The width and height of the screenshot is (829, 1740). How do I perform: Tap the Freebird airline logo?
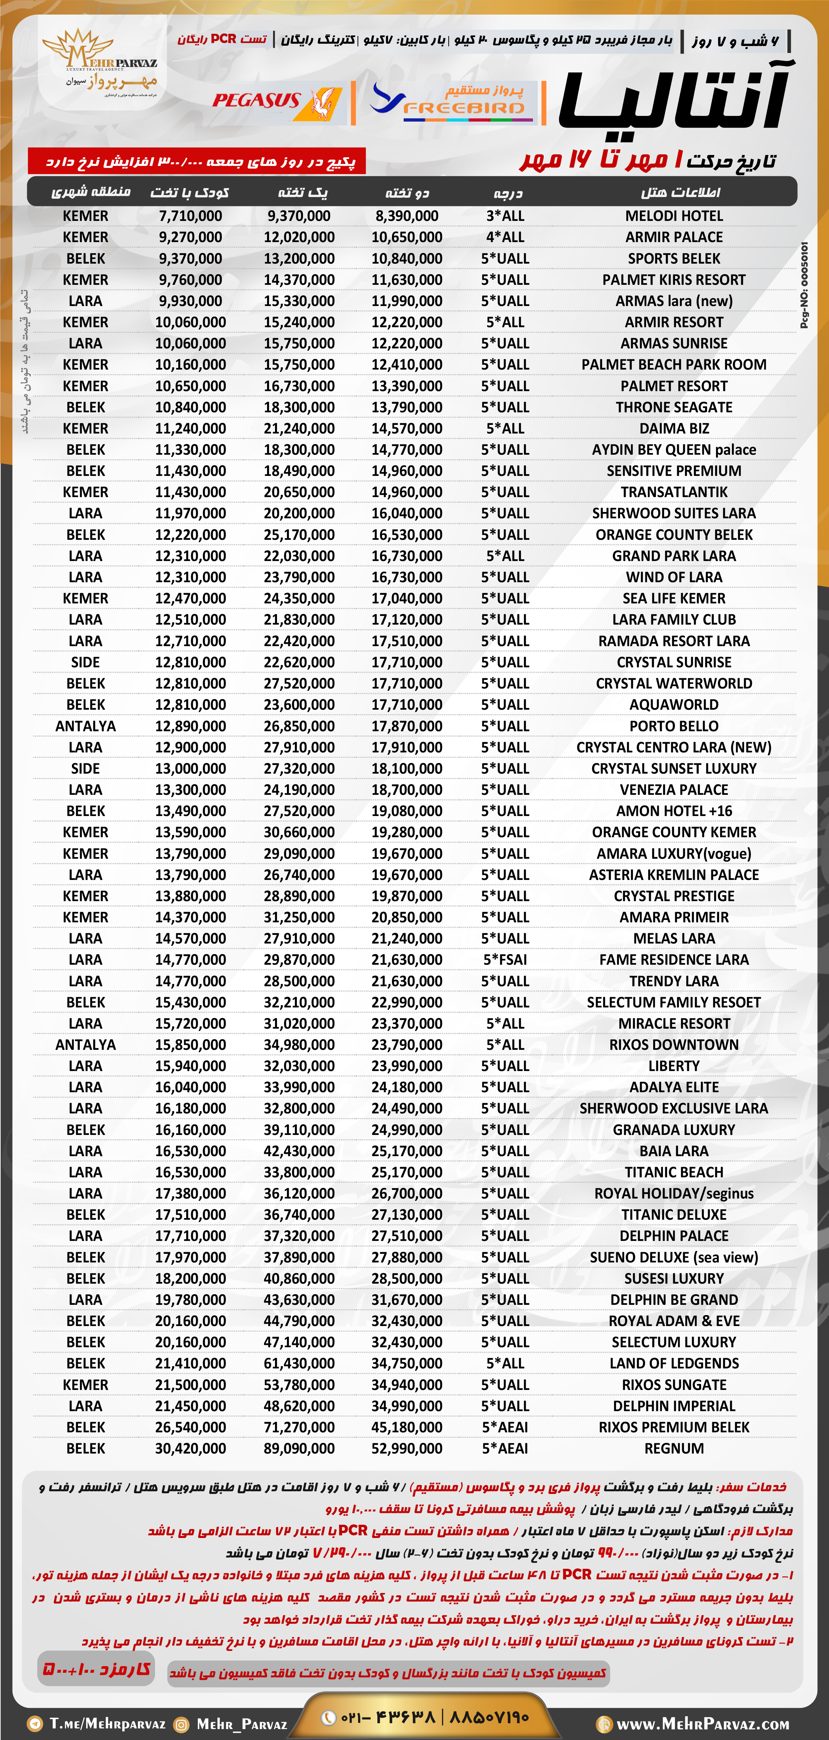(449, 101)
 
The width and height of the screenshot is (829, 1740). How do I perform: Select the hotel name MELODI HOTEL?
(674, 216)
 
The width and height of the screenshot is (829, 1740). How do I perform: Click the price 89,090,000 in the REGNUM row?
(299, 1448)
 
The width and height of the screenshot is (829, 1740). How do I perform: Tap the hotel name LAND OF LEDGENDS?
(674, 1363)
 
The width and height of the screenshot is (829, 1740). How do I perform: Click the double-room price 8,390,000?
(407, 216)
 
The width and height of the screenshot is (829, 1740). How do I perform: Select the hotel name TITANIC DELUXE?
(674, 1214)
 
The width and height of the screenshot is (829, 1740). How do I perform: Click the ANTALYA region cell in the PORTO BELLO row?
(86, 726)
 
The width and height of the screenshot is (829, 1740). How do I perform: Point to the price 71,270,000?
(299, 1427)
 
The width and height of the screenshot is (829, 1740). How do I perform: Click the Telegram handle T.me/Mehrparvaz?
(107, 1723)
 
